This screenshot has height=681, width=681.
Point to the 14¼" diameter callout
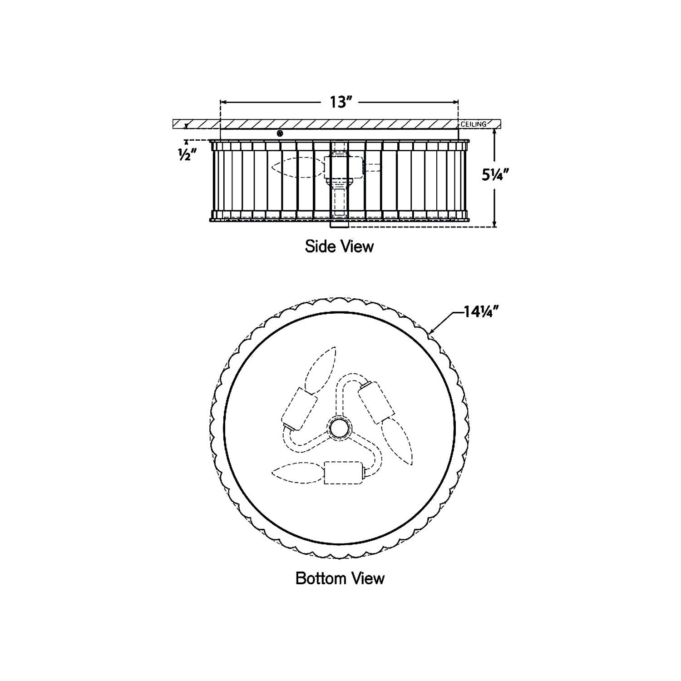(482, 312)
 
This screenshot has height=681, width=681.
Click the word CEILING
(474, 124)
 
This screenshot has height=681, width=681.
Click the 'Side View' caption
(339, 247)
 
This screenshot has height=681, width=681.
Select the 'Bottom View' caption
(340, 578)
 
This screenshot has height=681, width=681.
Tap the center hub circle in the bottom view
(339, 428)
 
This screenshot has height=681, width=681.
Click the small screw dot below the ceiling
(280, 133)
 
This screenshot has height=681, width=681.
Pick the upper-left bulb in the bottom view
(321, 369)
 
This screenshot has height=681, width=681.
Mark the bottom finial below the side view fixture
(339, 225)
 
